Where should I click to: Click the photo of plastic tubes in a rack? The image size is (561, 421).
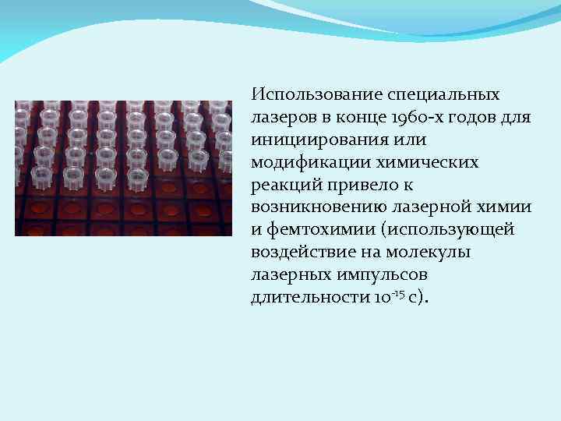(x=123, y=168)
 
